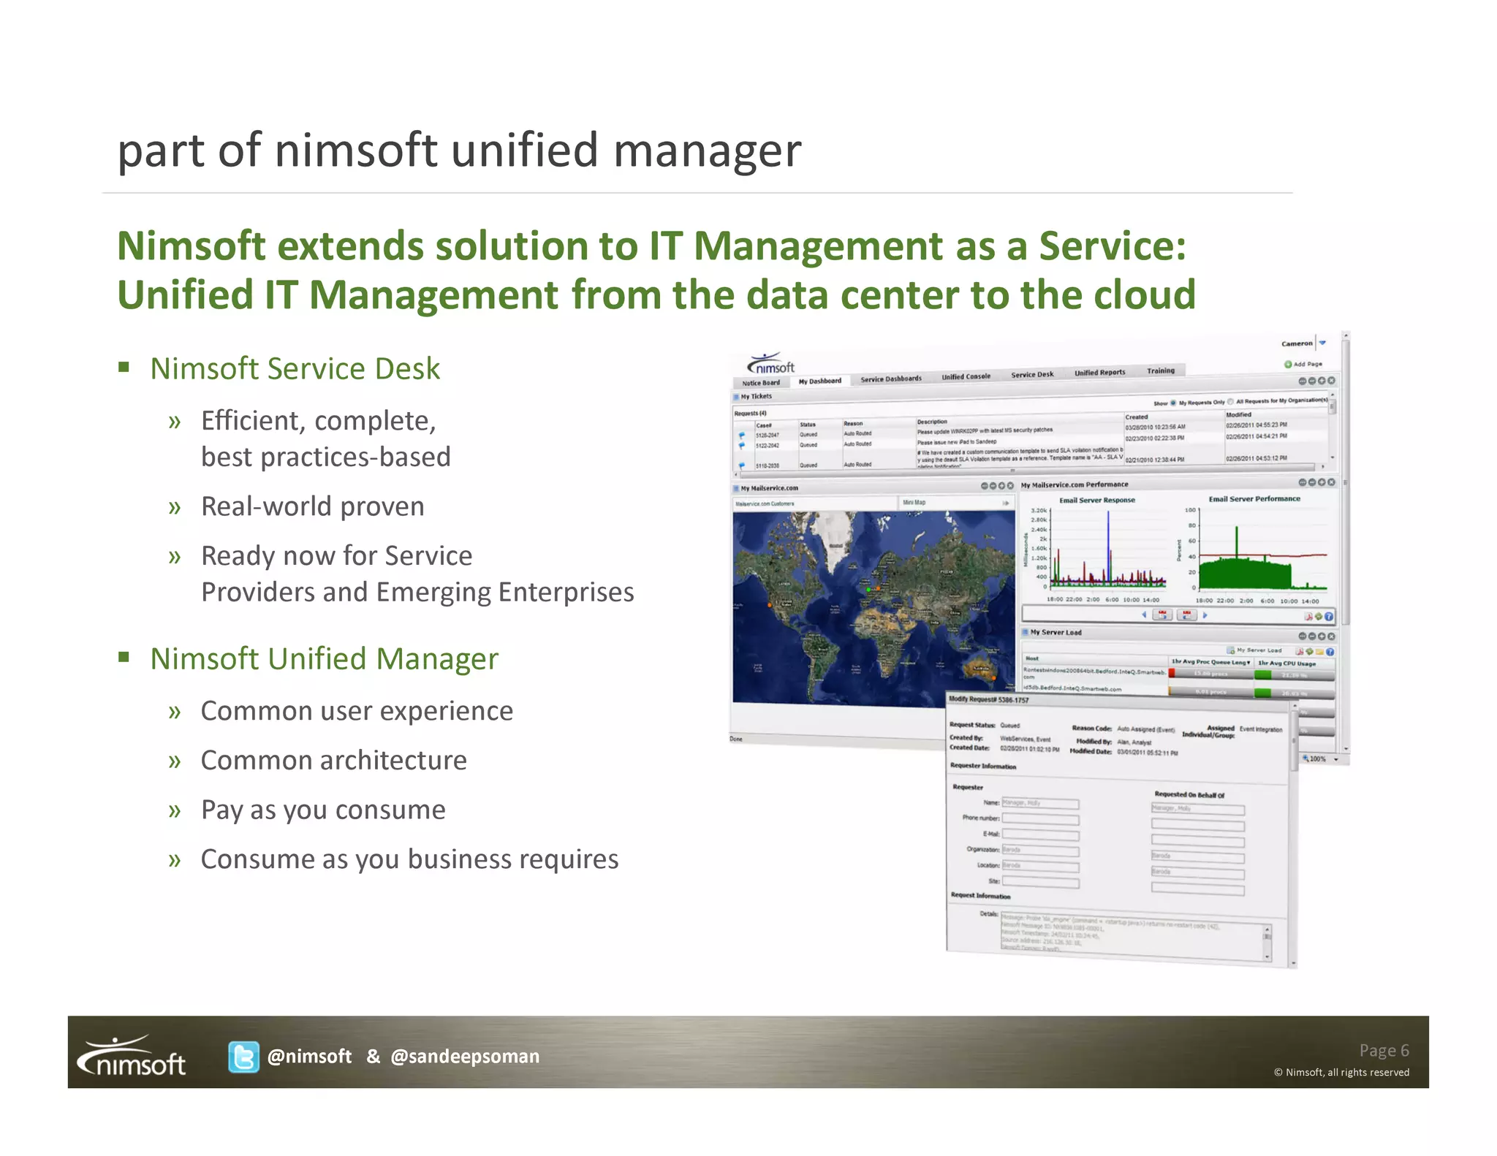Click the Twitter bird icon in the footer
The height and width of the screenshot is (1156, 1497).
coord(243,1057)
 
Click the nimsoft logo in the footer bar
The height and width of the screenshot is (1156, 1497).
coord(133,1057)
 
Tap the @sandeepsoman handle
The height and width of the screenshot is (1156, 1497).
coord(465,1057)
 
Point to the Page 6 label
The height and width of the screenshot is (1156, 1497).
coord(1383,1050)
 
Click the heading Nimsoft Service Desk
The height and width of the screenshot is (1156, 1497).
coord(295,369)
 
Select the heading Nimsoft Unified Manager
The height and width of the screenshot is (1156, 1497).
coord(324,659)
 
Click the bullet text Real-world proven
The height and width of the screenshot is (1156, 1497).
coord(312,506)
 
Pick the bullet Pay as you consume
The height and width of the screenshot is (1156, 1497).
coord(322,810)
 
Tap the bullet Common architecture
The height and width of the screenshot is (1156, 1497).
coord(333,761)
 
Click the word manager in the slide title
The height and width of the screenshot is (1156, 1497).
coord(707,151)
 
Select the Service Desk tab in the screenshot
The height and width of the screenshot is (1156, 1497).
coord(1031,375)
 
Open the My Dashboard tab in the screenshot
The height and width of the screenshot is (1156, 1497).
coord(819,381)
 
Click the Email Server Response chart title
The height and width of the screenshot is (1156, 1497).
coord(1096,501)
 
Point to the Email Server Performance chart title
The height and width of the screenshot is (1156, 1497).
coord(1254,499)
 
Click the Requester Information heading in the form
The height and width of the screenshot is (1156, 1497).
coord(982,766)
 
